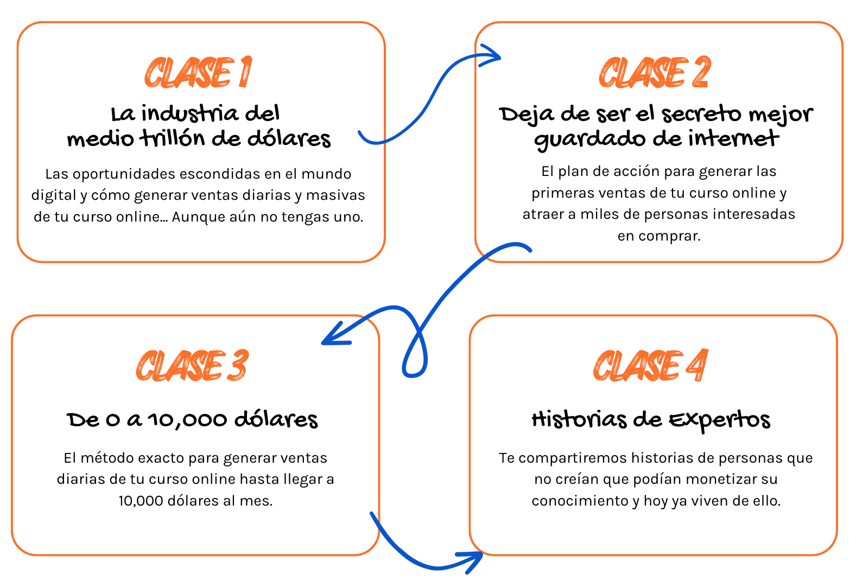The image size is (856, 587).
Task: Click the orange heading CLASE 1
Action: coord(198,72)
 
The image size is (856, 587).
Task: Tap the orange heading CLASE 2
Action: coord(655,72)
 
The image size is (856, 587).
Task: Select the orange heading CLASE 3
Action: coord(192,365)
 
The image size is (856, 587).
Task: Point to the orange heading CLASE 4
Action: coord(650,365)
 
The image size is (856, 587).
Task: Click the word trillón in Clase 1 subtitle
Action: coord(173,138)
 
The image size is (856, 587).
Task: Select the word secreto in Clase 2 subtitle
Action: coord(702,114)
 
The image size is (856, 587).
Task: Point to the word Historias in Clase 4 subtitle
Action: coord(579,420)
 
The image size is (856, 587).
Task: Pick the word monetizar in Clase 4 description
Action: coord(707,479)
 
